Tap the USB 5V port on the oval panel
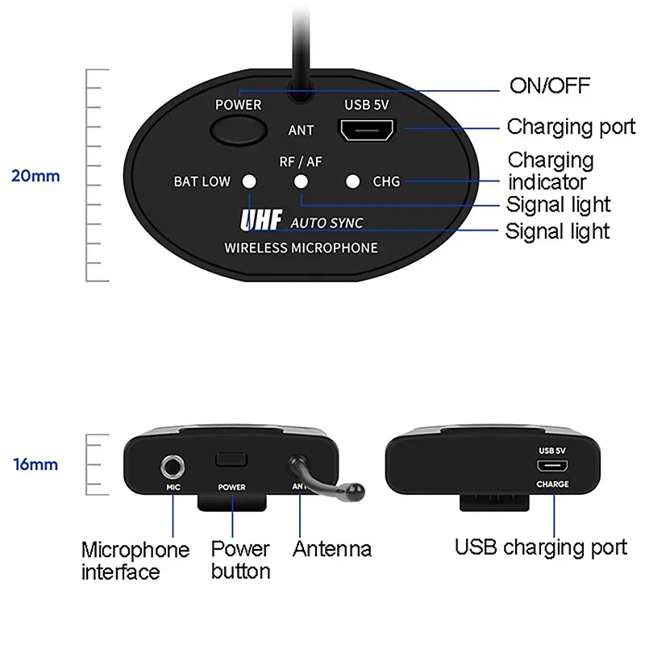coord(365,130)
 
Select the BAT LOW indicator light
coord(250,181)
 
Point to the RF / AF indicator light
coord(301,181)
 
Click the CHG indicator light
coord(352,181)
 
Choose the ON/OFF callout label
coord(550,85)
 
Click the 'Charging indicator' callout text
coord(551,170)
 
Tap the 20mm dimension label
coord(35,176)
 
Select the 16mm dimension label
coord(35,464)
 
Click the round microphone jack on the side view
coord(173,466)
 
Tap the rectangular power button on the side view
coord(231,460)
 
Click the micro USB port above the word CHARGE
coord(552,466)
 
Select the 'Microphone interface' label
coord(135,561)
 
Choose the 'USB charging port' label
coord(540,547)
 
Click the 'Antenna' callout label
coord(332,550)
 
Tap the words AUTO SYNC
coord(326,223)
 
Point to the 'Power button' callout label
coord(240,560)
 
